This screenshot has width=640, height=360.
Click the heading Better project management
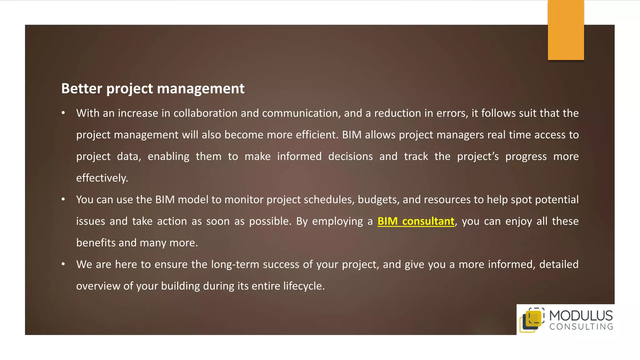point(152,89)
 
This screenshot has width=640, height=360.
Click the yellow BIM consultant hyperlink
point(416,221)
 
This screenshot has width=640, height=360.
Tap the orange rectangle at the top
point(566,30)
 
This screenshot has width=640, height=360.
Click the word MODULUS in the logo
point(581,316)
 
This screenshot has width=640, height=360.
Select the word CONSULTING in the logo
point(581,327)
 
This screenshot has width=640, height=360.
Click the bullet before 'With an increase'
point(63,113)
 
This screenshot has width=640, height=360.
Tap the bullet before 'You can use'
point(63,199)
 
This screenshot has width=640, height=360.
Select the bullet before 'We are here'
point(63,264)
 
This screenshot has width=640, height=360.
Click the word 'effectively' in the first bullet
point(102,178)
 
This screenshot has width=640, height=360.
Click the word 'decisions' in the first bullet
point(350,156)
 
